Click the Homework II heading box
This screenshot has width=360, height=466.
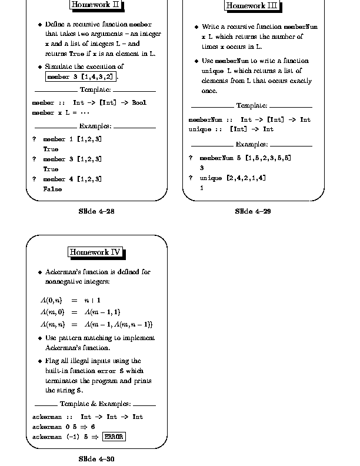tap(96, 5)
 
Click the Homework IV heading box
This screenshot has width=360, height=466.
tap(95, 252)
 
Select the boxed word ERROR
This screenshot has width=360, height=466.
tap(114, 437)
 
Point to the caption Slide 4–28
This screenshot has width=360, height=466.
tap(96, 211)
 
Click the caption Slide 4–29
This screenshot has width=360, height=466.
tap(252, 211)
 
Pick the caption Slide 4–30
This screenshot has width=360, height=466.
tap(96, 458)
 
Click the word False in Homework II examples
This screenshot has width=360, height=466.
tap(52, 189)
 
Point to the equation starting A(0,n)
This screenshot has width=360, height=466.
tap(71, 300)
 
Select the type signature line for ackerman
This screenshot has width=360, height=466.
tap(88, 417)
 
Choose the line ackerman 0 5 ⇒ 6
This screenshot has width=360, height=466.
tap(64, 427)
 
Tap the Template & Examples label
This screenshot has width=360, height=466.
tap(95, 404)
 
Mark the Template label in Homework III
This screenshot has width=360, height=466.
tap(252, 106)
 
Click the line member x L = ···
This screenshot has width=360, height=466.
tap(60, 112)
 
